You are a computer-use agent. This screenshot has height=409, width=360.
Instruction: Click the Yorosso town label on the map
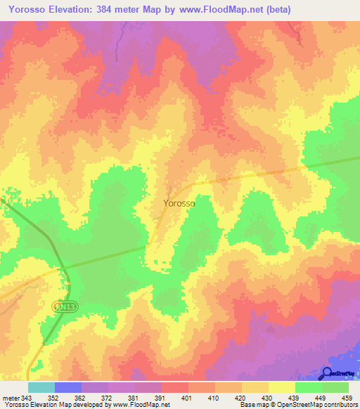tap(179, 203)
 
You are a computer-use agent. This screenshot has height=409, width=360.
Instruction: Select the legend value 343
tap(27, 399)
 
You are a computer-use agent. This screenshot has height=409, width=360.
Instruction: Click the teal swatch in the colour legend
tap(41, 388)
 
